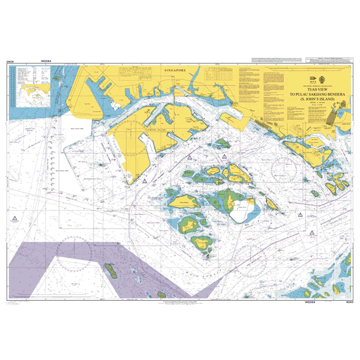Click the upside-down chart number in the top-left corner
tap(10, 61)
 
